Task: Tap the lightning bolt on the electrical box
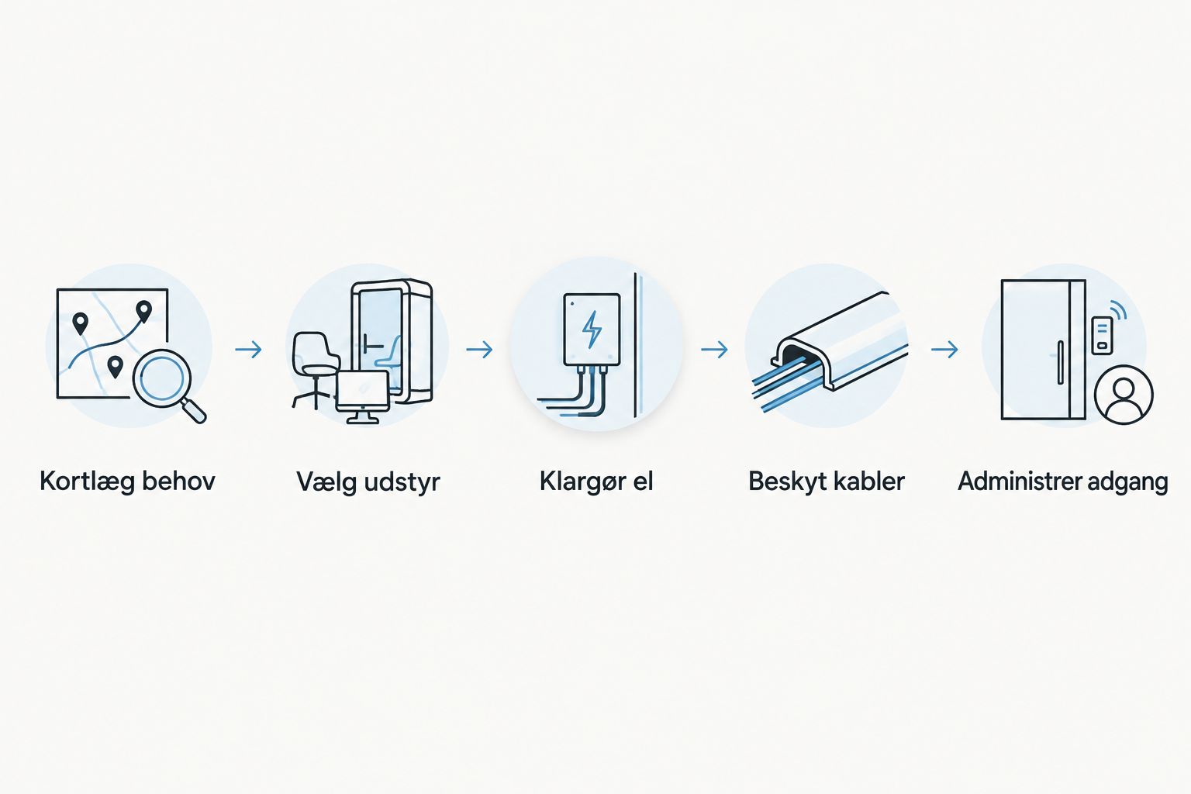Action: click(592, 330)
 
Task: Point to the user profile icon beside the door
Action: click(1123, 395)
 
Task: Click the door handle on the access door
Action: click(1060, 362)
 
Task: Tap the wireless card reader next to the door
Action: click(1102, 335)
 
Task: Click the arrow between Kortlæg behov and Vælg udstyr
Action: click(248, 350)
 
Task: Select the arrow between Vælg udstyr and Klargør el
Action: click(479, 350)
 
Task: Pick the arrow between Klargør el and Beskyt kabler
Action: click(714, 350)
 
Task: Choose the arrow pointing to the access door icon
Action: click(944, 350)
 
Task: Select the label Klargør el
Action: click(596, 482)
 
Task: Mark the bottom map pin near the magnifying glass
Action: click(115, 367)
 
